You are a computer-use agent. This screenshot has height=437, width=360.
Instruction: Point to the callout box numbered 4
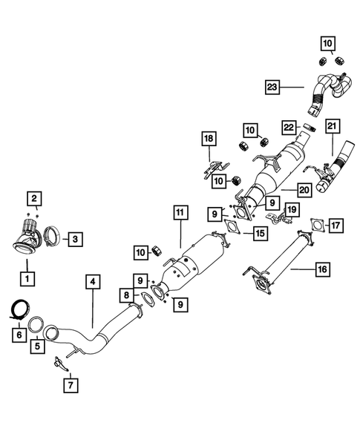91,282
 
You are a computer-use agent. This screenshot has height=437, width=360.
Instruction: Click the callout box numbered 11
180,212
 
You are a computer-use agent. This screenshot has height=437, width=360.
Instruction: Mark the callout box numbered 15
260,234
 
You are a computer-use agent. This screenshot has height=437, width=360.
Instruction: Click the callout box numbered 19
292,210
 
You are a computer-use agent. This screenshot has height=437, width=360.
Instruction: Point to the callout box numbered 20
303,190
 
